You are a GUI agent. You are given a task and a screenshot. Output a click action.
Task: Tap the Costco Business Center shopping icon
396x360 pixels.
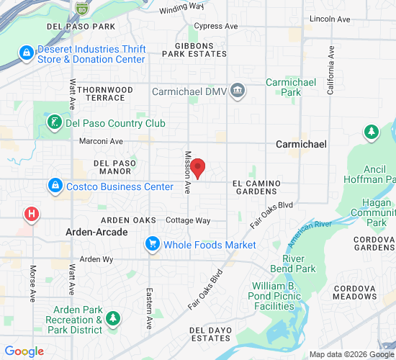pyautogui.click(x=54, y=186)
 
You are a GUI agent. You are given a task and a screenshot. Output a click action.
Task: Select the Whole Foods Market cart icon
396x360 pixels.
pyautogui.click(x=153, y=245)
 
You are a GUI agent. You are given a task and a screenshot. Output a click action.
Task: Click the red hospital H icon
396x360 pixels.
pyautogui.click(x=32, y=214)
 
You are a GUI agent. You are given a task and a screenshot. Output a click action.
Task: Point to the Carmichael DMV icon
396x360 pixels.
pyautogui.click(x=239, y=90)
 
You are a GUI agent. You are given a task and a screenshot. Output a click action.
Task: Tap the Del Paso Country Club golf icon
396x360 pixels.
pyautogui.click(x=54, y=123)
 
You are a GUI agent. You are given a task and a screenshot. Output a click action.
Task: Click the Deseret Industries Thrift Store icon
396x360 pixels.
pyautogui.click(x=27, y=54)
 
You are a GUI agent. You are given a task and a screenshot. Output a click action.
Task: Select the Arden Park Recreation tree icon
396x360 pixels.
pyautogui.click(x=112, y=318)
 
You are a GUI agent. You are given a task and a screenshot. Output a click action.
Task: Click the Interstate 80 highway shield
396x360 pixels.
pyautogui.click(x=82, y=8)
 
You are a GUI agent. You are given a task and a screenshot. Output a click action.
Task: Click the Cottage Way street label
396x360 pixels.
pyautogui.click(x=188, y=220)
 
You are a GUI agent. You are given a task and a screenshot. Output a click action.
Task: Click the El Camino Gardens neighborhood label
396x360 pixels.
pyautogui.click(x=256, y=188)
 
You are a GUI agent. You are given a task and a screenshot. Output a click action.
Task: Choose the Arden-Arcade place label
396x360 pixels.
pyautogui.click(x=96, y=232)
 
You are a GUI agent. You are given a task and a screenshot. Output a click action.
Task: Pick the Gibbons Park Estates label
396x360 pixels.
pyautogui.click(x=195, y=49)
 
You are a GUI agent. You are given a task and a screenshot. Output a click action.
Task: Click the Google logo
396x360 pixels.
pyautogui.click(x=24, y=351)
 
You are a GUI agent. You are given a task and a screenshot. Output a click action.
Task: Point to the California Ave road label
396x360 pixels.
pyautogui.click(x=330, y=71)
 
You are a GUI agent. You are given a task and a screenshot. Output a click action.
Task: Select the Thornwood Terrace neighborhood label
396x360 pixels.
pyautogui.click(x=105, y=93)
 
